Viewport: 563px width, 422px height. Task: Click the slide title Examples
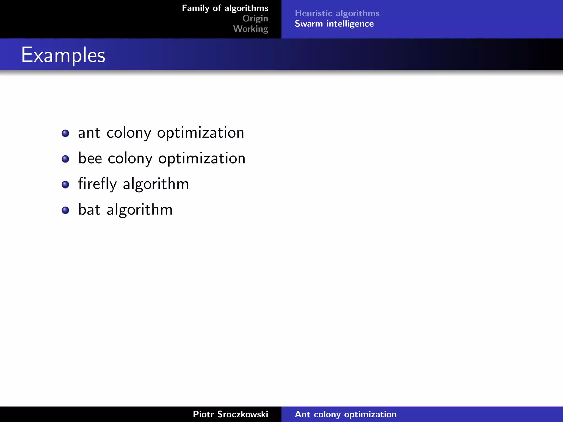(x=63, y=55)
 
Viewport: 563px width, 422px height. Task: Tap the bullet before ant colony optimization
(x=65, y=134)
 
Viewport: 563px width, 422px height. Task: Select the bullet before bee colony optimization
(x=65, y=159)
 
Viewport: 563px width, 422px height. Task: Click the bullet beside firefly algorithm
(x=65, y=185)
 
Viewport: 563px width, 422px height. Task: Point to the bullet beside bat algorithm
(x=65, y=210)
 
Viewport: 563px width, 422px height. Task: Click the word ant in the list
(x=89, y=133)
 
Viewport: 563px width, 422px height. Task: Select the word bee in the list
(x=90, y=159)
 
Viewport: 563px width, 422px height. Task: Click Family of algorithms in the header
(x=225, y=8)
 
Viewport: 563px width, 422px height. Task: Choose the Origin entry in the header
(x=255, y=18)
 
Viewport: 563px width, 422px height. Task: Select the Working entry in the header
(x=250, y=29)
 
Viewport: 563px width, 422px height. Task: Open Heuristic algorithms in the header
(x=337, y=13)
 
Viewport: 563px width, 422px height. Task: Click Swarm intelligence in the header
(x=334, y=24)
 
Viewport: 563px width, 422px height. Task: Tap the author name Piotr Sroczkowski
(x=230, y=414)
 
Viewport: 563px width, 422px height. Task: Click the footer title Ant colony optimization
(x=346, y=414)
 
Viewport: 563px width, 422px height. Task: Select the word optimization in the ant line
(x=201, y=133)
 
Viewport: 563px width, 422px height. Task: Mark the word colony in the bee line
(x=130, y=159)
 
